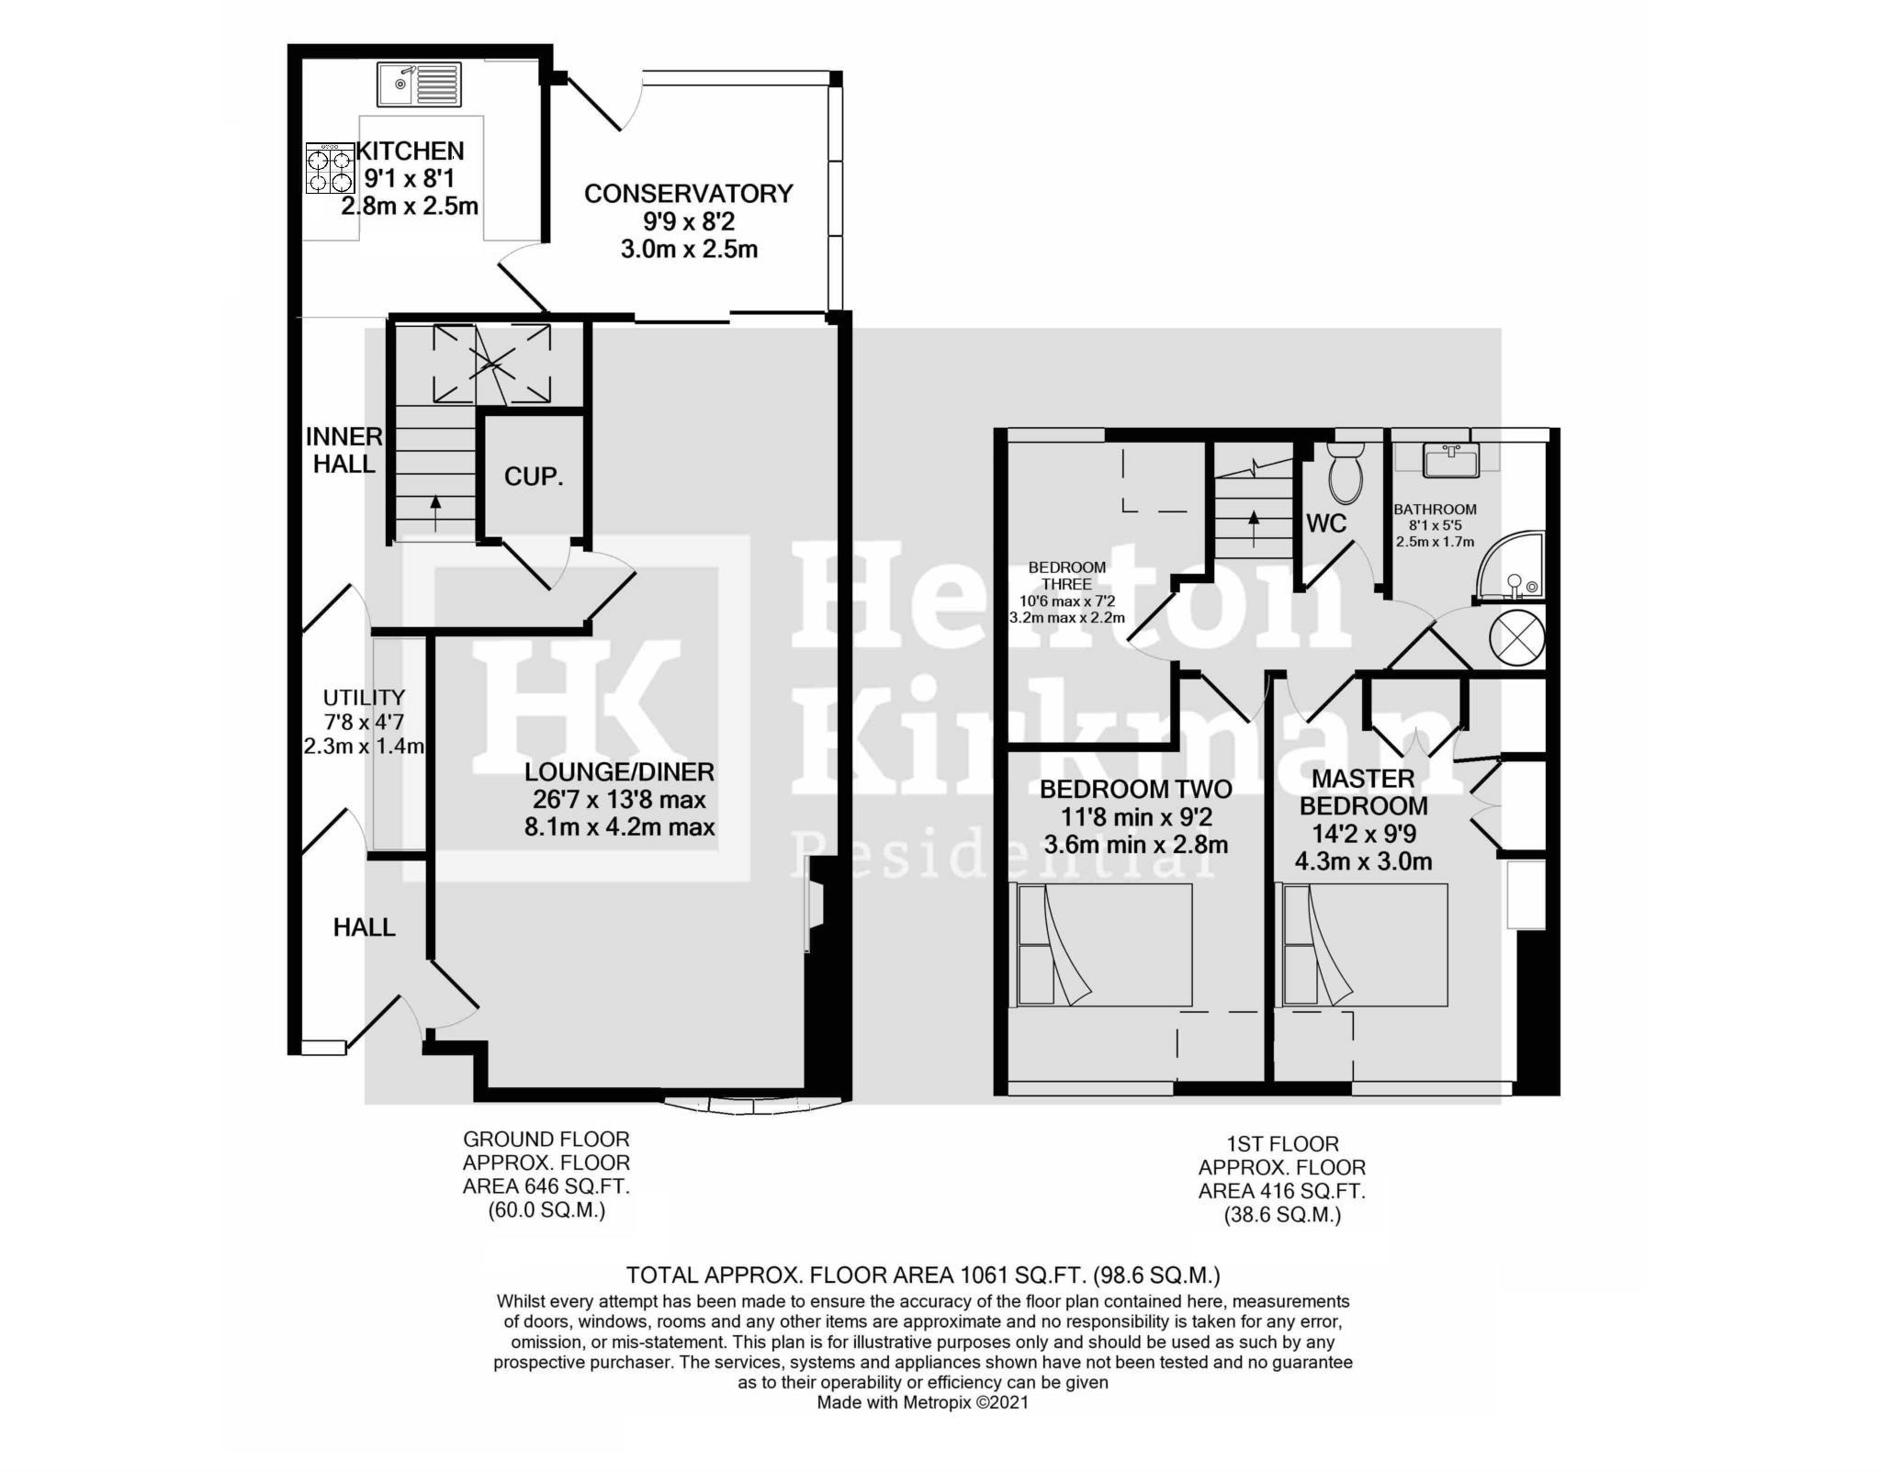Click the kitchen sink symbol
(419, 84)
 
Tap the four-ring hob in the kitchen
(330, 169)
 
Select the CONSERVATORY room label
(688, 194)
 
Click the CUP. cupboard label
(533, 477)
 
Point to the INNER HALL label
(344, 450)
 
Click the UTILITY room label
(364, 698)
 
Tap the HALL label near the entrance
(364, 927)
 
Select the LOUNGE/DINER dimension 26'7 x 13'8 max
(618, 799)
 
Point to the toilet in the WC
(1346, 473)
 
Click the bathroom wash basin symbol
(1450, 460)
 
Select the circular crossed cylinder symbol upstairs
(1516, 636)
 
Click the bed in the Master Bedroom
(1365, 945)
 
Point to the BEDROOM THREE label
(1066, 576)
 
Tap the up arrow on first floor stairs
(1254, 528)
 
